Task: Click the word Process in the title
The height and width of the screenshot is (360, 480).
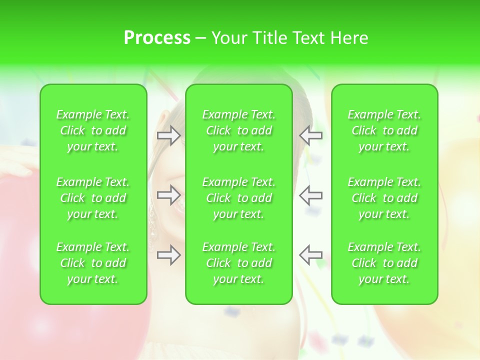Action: (x=157, y=38)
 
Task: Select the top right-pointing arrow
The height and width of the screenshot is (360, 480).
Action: (x=169, y=135)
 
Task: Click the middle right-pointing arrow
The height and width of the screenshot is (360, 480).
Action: (x=169, y=194)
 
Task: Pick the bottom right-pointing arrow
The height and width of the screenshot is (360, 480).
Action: (x=169, y=254)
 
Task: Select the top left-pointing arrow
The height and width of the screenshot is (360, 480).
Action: (x=310, y=135)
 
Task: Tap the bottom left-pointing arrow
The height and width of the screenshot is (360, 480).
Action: (x=310, y=254)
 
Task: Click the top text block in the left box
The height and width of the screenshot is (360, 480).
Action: (x=93, y=130)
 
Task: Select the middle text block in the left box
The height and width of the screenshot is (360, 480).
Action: (x=93, y=198)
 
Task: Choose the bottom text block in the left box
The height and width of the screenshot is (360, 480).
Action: (x=93, y=263)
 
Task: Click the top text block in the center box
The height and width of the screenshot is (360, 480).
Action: (x=239, y=130)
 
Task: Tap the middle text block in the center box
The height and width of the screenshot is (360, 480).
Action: (x=239, y=198)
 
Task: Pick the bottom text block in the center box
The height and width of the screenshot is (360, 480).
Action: (x=239, y=263)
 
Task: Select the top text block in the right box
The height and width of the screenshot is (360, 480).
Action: (x=384, y=130)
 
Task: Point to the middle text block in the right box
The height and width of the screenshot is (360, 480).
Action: (x=384, y=198)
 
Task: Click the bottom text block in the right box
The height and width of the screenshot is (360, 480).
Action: (x=384, y=263)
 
